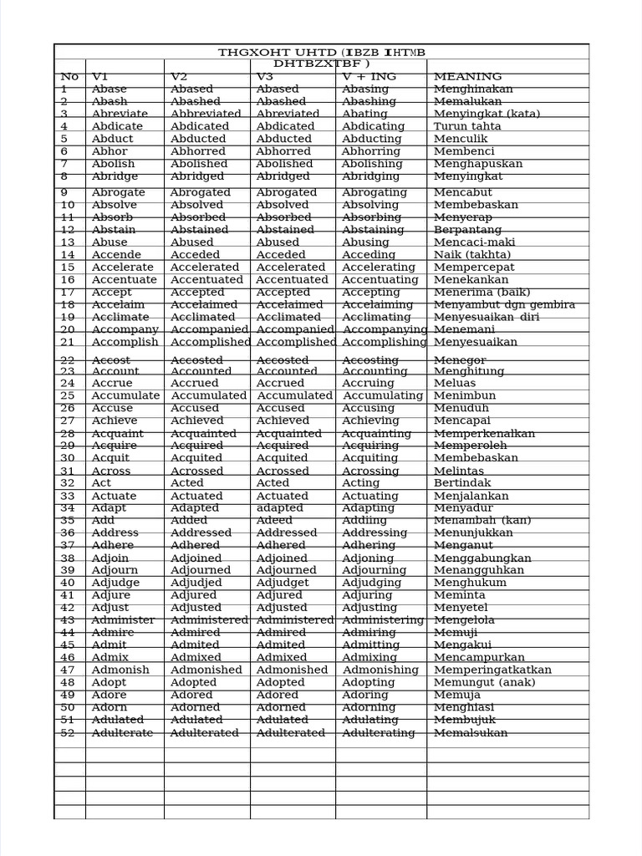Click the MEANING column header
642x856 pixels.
467,77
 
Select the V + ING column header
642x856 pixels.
369,77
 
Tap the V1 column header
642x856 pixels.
100,77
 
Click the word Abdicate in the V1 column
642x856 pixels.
117,126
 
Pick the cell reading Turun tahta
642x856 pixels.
467,126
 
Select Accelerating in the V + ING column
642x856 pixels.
379,267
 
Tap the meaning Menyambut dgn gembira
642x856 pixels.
504,305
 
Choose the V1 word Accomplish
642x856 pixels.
125,342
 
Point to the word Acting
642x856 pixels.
360,483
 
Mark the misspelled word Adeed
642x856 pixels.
274,520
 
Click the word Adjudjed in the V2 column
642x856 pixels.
196,583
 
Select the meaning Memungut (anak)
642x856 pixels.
483,682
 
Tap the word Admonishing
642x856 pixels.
380,670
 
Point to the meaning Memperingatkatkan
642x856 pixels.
492,670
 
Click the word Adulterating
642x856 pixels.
378,733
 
